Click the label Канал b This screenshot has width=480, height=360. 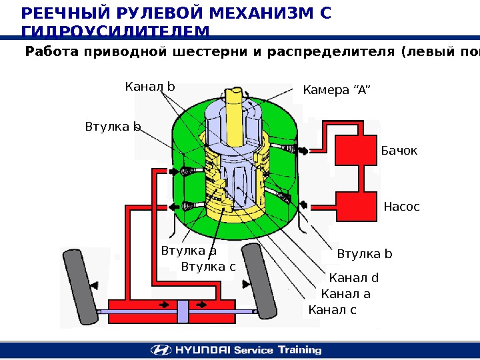pos(150,87)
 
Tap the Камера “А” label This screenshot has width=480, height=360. pos(336,90)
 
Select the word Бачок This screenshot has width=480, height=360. pos(399,151)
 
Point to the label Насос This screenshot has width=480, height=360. pos(402,207)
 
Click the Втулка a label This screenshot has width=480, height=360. pos(189,251)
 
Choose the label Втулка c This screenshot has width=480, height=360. pos(209,267)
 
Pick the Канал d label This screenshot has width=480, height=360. pos(354,278)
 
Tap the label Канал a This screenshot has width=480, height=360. pos(345,294)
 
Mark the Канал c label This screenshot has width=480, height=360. pos(333,310)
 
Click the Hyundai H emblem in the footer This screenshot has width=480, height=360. pos(161,350)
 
